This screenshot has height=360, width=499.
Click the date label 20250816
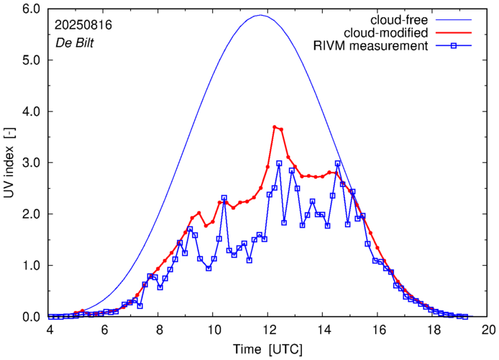pos(83,24)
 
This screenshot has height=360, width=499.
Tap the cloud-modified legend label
pos(386,33)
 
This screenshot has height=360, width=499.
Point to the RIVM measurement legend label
pos(370,47)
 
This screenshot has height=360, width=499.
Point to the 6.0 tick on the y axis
pos(31,9)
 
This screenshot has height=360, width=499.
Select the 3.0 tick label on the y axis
pos(31,163)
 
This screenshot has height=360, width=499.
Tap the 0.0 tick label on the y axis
pos(31,317)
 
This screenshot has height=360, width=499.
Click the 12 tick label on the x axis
pos(269,330)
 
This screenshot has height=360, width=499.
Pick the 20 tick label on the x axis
pos(489,330)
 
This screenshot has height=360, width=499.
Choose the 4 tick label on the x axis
pos(50,330)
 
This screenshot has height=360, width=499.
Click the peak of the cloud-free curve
pos(260,15)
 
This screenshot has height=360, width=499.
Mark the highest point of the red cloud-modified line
pos(275,127)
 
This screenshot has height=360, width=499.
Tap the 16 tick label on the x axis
pos(379,330)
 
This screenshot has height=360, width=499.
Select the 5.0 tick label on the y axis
pos(31,60)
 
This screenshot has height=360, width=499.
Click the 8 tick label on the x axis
pos(159,330)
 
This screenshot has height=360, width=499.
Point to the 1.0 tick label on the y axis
pos(31,266)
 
